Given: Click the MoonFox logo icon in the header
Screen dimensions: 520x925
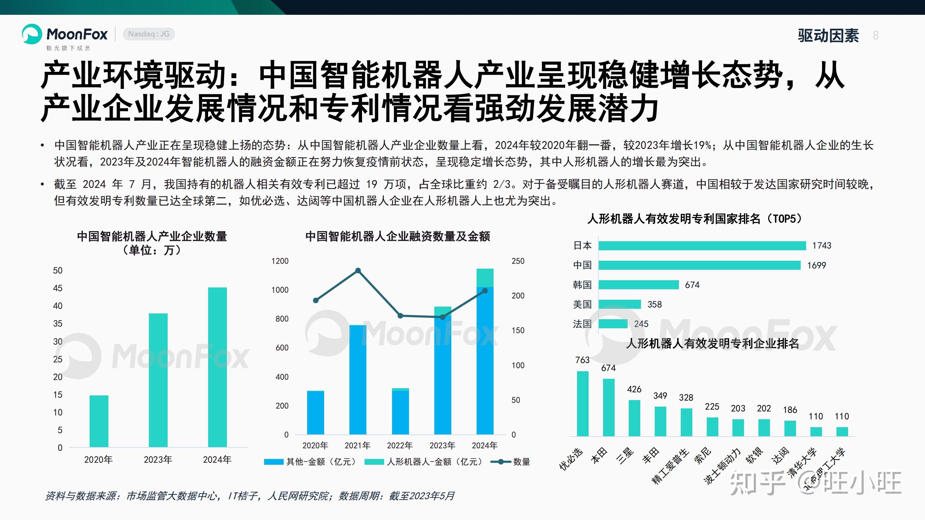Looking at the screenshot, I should point(32,34).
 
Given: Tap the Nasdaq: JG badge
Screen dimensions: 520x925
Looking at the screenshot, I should point(149,34).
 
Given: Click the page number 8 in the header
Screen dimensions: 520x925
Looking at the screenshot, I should point(875,35).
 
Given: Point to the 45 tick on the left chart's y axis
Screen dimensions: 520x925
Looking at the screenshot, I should point(57,288).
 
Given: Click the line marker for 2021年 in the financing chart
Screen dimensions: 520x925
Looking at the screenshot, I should point(358,270).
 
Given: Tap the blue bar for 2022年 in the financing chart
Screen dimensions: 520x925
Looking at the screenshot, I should point(400,412).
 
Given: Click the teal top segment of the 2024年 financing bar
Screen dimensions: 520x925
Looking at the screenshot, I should point(485,277).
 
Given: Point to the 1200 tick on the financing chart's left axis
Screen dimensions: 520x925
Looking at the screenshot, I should point(280,261).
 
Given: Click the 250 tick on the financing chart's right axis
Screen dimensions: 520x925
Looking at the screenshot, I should point(518,261).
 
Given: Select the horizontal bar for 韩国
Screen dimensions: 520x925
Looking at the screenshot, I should point(638,285).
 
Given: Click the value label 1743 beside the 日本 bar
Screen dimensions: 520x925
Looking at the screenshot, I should point(821,246).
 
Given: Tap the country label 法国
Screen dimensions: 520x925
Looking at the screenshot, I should point(582,324).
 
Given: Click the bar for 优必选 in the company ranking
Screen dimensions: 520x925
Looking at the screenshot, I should point(582,403).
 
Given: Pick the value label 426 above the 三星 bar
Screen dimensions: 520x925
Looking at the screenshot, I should point(634,389).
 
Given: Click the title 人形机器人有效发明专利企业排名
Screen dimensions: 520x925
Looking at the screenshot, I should point(712,343).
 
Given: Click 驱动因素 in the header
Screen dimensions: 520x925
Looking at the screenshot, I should point(828,35).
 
